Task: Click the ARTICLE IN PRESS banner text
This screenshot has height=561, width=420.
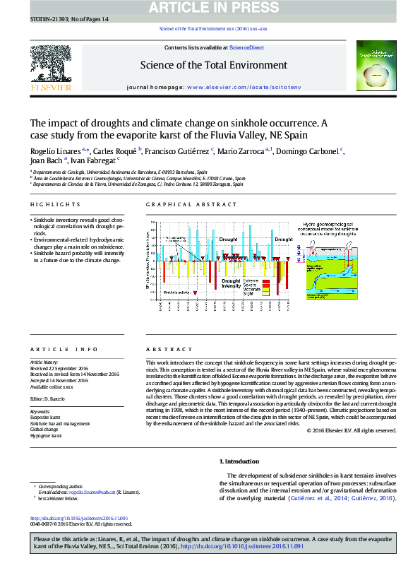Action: (210, 8)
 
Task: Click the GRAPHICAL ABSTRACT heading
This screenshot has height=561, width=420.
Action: (191, 204)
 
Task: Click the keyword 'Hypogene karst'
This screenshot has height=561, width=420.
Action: (47, 436)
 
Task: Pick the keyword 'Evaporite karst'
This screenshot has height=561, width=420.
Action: (47, 418)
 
